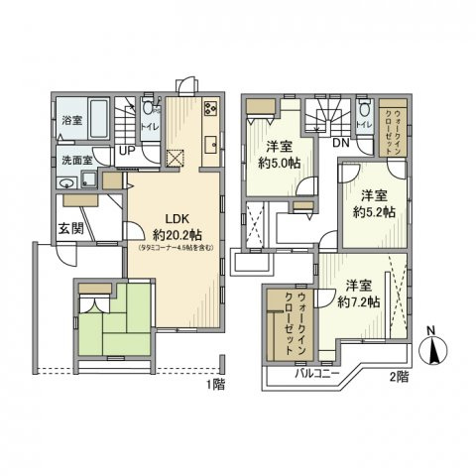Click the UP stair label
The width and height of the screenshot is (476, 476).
click(x=127, y=151)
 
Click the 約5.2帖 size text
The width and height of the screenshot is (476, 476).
click(x=376, y=213)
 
